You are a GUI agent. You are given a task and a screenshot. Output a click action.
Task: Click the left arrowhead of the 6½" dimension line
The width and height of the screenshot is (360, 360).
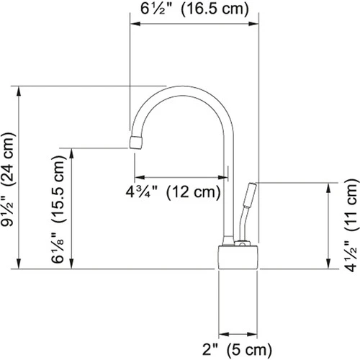tap(132, 27)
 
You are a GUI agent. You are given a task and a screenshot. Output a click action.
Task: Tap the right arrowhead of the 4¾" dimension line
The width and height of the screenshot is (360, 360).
tap(227, 177)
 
